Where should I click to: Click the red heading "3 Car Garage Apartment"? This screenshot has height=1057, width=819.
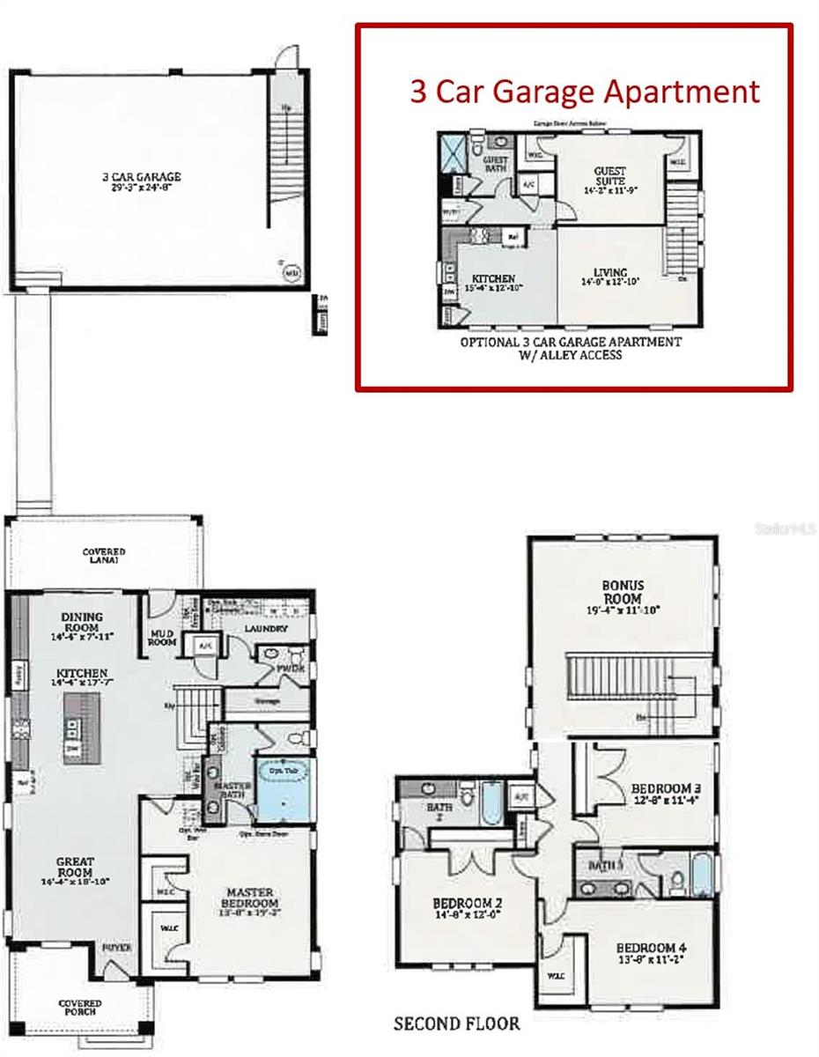point(585,92)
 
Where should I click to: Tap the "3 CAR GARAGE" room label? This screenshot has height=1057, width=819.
point(141,176)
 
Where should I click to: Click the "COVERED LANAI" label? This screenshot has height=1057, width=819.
point(104,555)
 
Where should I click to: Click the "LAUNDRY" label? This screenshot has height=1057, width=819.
point(266,629)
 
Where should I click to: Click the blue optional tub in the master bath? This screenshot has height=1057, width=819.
point(281,790)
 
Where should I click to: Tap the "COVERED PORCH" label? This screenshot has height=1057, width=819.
point(80,1008)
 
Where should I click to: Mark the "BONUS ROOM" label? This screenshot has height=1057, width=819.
point(623,591)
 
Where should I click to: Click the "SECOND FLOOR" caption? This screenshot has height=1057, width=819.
point(455,1024)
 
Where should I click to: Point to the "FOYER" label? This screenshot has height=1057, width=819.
point(116,948)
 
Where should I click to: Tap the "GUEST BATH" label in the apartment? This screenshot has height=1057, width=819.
point(496,164)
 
